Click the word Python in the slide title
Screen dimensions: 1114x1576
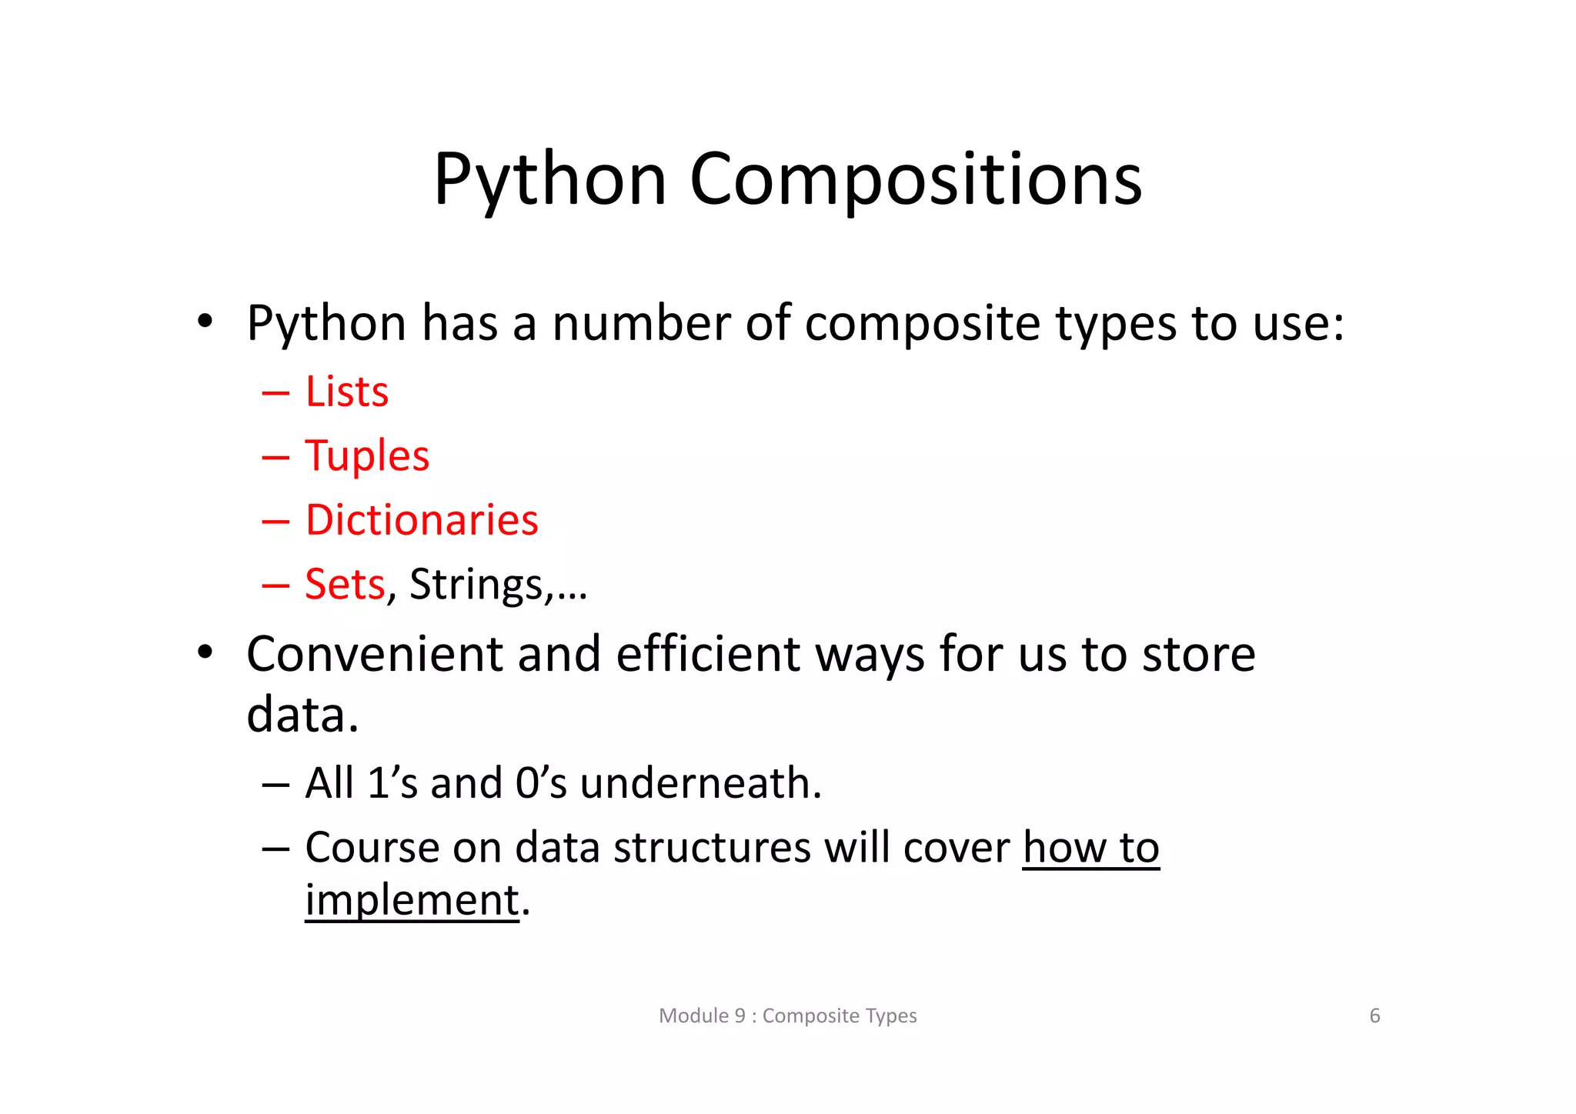point(549,181)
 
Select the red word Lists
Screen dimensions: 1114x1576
point(347,392)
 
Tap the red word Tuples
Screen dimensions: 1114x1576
point(367,456)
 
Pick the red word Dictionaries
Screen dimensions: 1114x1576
point(422,520)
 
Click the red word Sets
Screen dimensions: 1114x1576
point(344,584)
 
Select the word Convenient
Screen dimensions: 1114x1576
point(374,655)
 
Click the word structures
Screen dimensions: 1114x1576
point(711,848)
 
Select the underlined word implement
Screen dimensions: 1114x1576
point(412,900)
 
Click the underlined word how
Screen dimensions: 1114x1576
point(1063,848)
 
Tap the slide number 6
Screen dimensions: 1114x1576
point(1374,1016)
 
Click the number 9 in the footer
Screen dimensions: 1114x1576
point(740,1016)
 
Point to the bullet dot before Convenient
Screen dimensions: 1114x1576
point(204,653)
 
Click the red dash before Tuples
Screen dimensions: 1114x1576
point(275,457)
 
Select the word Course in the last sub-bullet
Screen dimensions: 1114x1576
point(371,848)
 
